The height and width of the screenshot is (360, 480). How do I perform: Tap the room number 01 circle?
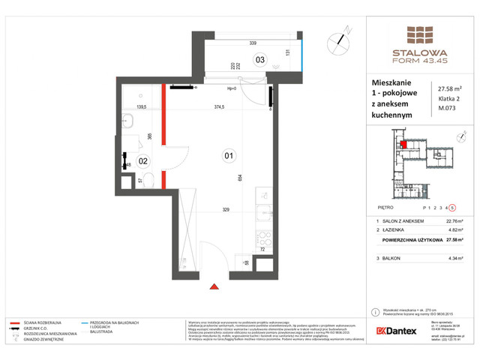click(228, 156)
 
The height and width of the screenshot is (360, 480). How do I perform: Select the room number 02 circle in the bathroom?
click(143, 160)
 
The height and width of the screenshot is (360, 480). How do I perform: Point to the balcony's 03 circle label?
click(259, 60)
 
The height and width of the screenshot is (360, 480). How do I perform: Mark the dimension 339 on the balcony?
click(253, 43)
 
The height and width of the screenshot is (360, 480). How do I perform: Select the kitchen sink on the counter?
click(264, 196)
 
